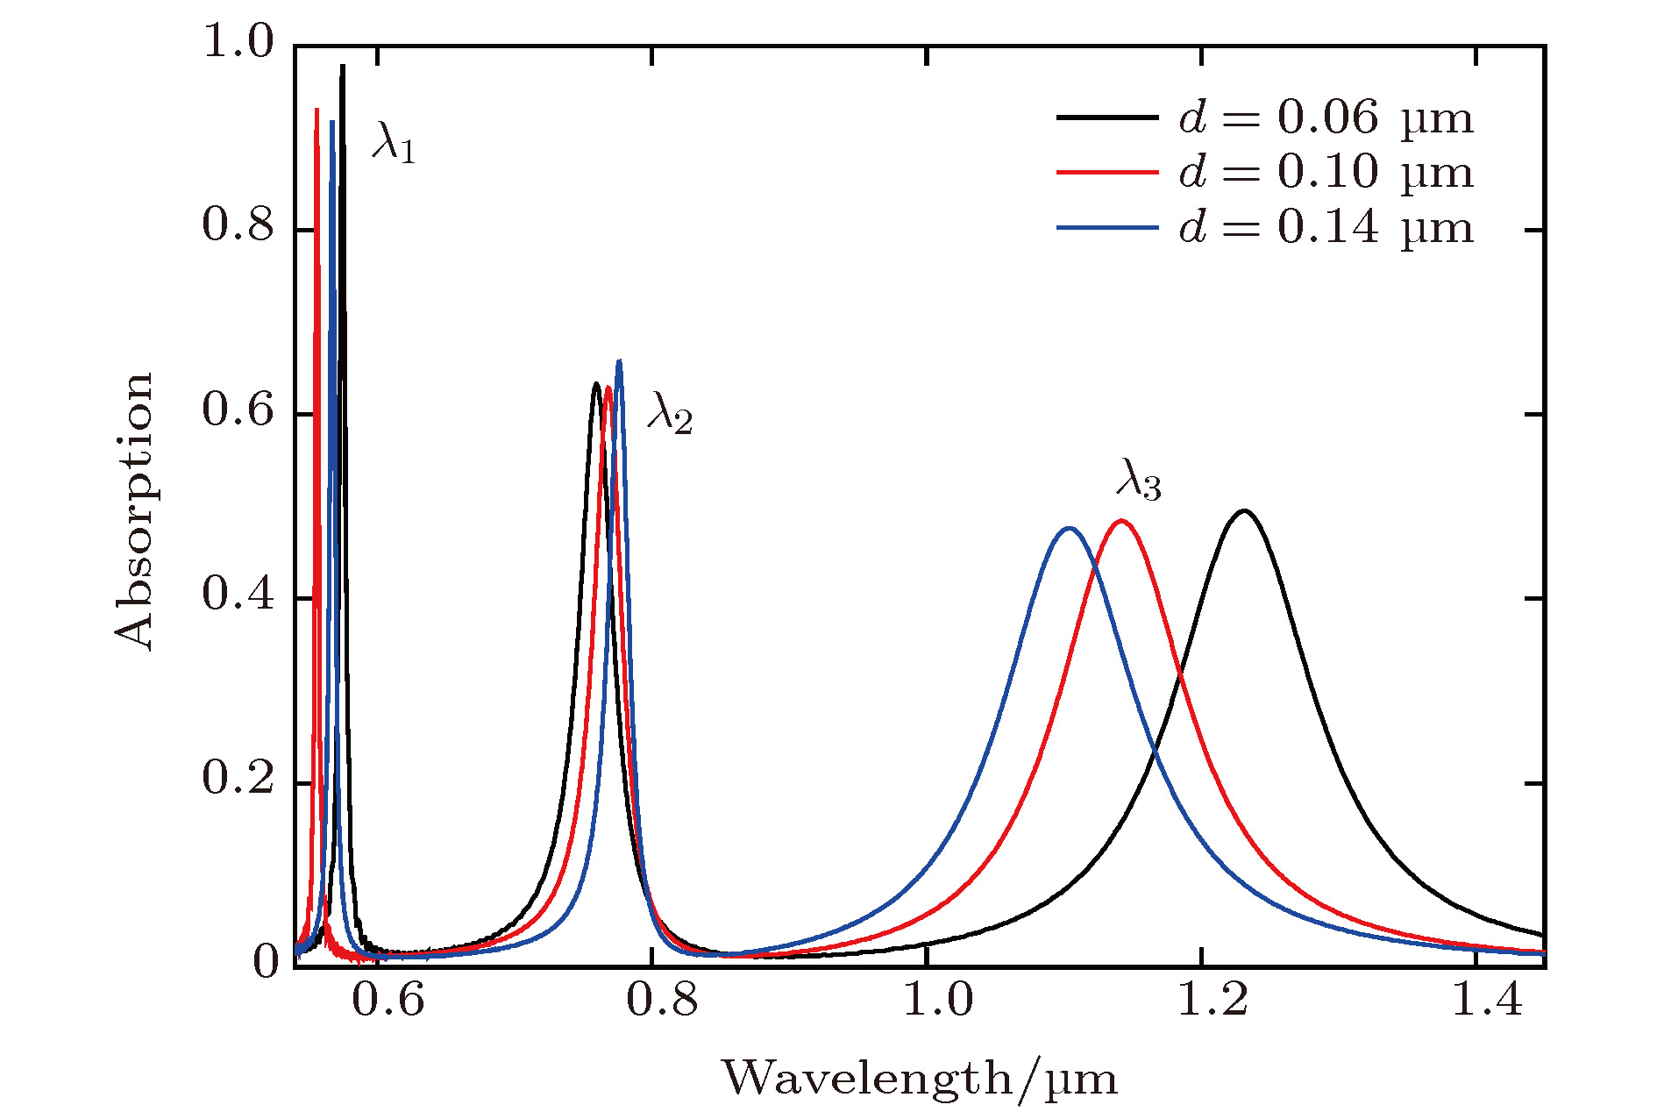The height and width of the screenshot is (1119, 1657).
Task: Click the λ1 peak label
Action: [x=394, y=142]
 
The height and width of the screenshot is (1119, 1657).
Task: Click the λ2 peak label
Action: [x=671, y=413]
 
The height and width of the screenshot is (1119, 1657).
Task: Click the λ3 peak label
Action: [x=1139, y=480]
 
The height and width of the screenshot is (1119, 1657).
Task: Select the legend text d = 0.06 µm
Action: [x=1326, y=118]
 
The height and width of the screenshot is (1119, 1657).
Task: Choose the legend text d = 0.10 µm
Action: [x=1326, y=172]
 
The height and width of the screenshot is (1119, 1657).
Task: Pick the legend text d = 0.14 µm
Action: [x=1326, y=227]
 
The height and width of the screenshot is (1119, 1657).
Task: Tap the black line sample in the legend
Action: [x=1107, y=117]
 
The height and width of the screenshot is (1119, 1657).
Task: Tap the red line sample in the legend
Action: [x=1107, y=172]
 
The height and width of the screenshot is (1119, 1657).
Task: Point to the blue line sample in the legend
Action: [x=1107, y=227]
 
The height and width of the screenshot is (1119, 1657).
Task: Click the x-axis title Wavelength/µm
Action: [x=920, y=1078]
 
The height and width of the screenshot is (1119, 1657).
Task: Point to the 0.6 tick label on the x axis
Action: [x=388, y=1001]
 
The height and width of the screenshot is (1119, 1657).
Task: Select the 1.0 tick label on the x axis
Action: [x=938, y=1001]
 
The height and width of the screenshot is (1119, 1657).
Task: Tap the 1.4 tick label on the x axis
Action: [x=1488, y=1001]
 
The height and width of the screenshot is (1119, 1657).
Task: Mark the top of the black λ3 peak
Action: [x=1243, y=510]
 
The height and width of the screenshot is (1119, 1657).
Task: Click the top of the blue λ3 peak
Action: [x=1068, y=528]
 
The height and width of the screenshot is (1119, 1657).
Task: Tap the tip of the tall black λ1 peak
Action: [x=343, y=66]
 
